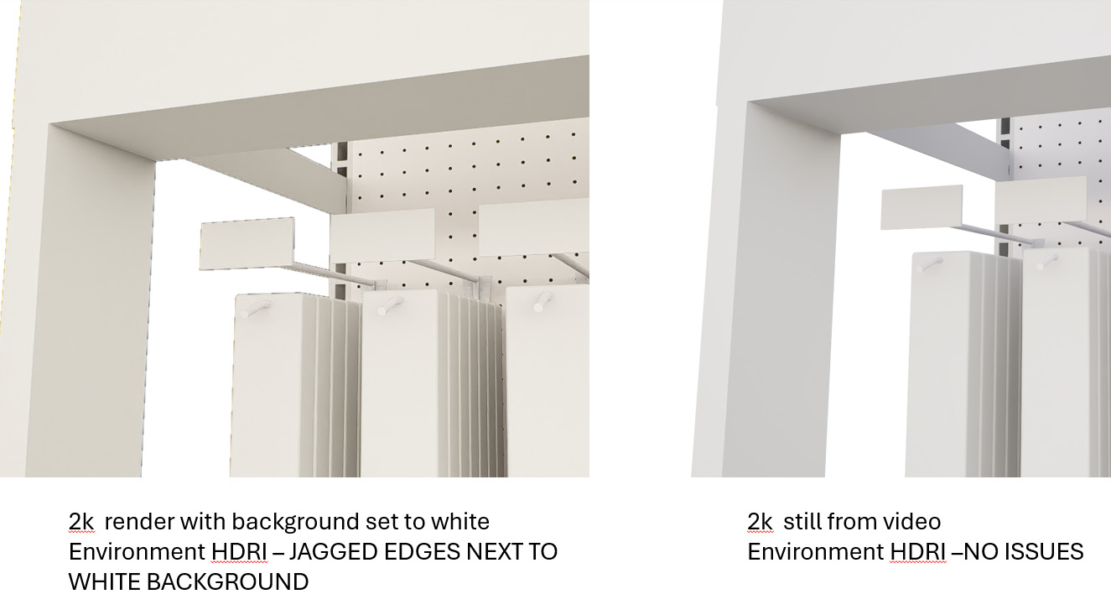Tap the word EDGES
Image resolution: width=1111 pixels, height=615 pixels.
tap(421, 552)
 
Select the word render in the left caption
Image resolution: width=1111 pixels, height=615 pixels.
tap(139, 522)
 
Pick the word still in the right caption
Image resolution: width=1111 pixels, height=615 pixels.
tap(800, 521)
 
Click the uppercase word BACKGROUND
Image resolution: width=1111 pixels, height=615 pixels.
tap(228, 581)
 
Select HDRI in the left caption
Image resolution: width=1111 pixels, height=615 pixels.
tap(239, 552)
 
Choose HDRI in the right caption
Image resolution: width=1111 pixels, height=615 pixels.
tap(917, 552)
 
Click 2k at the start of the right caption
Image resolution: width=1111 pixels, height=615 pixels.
tap(760, 521)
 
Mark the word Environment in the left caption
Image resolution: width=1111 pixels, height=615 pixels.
tap(137, 552)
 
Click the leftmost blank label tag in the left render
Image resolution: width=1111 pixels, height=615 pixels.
tap(247, 243)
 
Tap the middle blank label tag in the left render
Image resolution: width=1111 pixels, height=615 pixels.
tap(382, 236)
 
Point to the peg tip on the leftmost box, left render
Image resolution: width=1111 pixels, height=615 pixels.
tap(245, 313)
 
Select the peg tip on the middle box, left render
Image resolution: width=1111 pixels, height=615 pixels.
tap(382, 311)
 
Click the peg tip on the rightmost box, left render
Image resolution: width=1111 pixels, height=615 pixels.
tap(538, 307)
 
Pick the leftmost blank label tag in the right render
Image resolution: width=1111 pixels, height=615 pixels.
tap(922, 207)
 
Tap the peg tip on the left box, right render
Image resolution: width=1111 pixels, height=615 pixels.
tap(921, 269)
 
